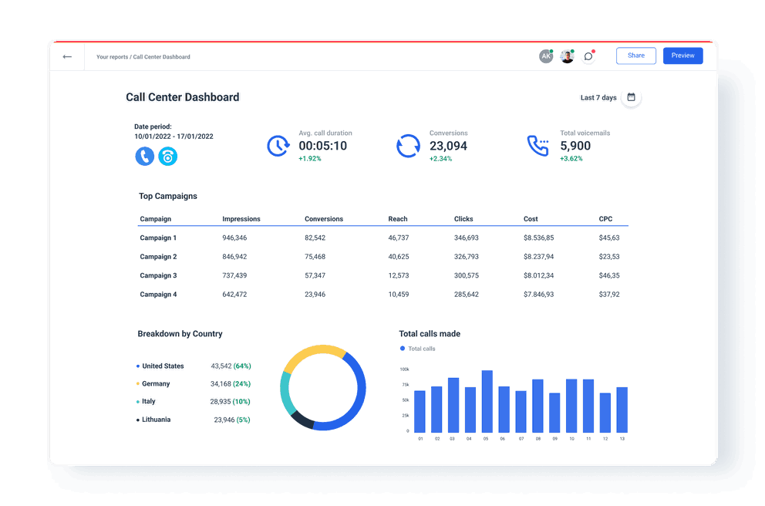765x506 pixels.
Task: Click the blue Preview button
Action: click(x=682, y=56)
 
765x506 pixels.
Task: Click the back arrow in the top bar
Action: click(x=67, y=56)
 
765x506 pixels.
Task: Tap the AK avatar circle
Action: click(x=546, y=56)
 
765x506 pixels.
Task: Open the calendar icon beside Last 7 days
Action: click(x=631, y=97)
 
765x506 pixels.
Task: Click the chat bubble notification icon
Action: click(x=588, y=56)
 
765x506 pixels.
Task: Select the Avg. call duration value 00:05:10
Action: click(x=322, y=146)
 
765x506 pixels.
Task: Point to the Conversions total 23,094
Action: click(x=448, y=146)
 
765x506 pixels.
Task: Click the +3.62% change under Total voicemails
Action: click(x=571, y=159)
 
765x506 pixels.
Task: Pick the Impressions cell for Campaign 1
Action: click(x=234, y=238)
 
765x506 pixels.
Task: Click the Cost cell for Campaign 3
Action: click(x=538, y=275)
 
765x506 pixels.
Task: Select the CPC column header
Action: click(x=605, y=219)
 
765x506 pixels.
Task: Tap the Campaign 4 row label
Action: click(x=158, y=295)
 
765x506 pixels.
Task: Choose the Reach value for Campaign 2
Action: click(x=398, y=257)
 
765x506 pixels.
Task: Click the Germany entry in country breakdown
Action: click(x=156, y=383)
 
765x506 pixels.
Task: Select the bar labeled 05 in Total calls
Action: click(x=487, y=401)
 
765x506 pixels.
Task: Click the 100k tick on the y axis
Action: click(x=404, y=369)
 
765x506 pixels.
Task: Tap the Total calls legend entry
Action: click(x=421, y=349)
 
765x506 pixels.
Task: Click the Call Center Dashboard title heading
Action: click(x=182, y=97)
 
